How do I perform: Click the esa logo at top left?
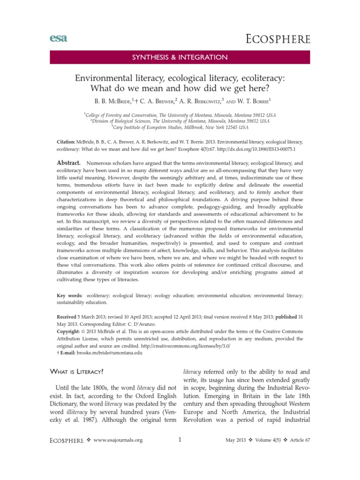58,38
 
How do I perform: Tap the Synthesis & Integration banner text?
180,57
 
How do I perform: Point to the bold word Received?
62,317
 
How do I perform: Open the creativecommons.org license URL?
181,345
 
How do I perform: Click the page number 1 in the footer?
180,439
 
